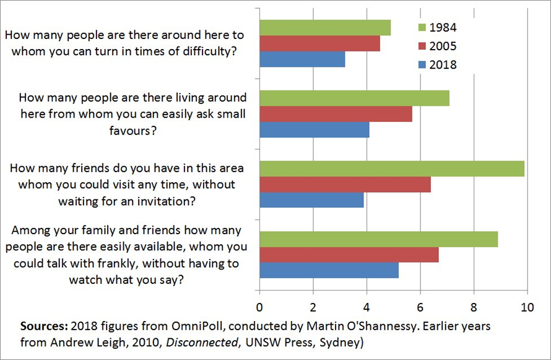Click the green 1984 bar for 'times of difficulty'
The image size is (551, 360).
(324, 28)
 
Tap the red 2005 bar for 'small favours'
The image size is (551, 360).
(335, 114)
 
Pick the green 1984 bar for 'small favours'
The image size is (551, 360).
(354, 98)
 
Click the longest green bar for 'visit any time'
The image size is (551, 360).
(391, 169)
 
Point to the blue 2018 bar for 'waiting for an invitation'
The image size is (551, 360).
(311, 200)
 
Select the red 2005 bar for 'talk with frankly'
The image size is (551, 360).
(349, 255)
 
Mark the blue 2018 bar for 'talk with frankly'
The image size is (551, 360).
(328, 271)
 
